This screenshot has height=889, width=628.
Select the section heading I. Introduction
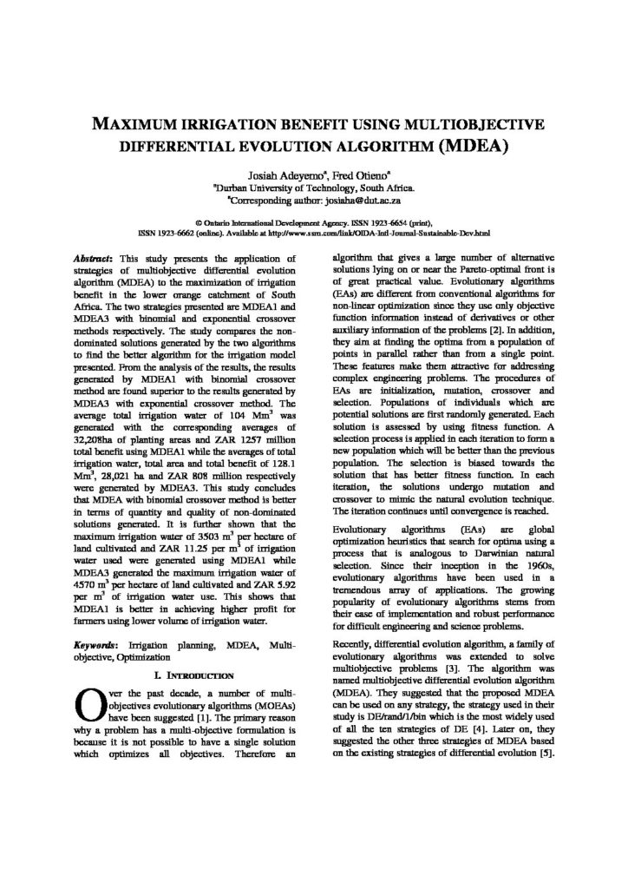coord(187,673)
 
